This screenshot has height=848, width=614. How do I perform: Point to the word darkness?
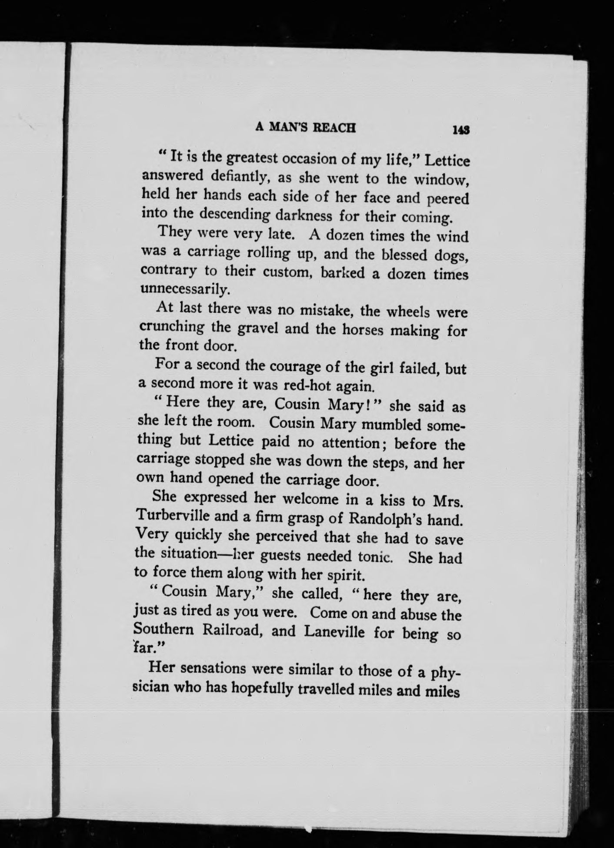click(x=300, y=215)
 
